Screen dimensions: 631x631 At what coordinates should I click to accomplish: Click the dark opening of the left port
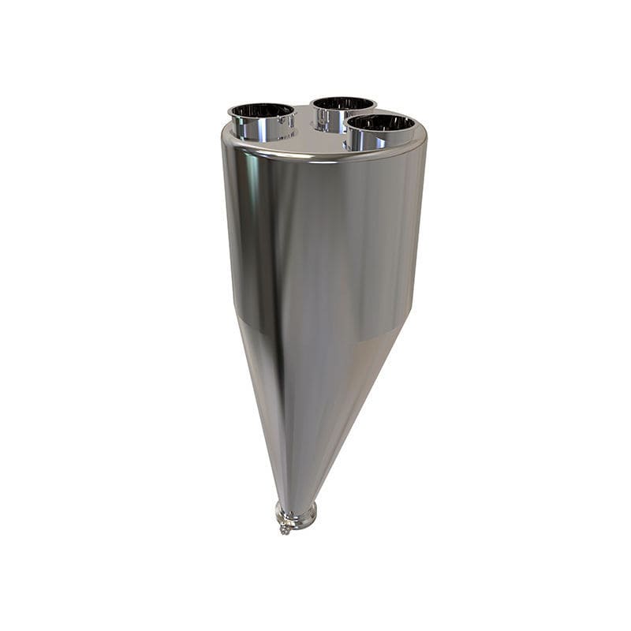261,110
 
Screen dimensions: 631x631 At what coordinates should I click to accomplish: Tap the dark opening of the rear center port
342,103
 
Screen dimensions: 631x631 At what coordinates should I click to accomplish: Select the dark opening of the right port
381,122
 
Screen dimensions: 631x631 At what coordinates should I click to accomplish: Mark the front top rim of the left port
261,119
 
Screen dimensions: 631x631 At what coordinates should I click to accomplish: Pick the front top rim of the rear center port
342,110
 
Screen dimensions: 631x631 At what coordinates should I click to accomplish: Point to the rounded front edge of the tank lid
315,158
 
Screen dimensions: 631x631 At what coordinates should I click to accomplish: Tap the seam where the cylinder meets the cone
315,331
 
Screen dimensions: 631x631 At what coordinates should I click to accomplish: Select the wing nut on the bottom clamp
284,529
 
